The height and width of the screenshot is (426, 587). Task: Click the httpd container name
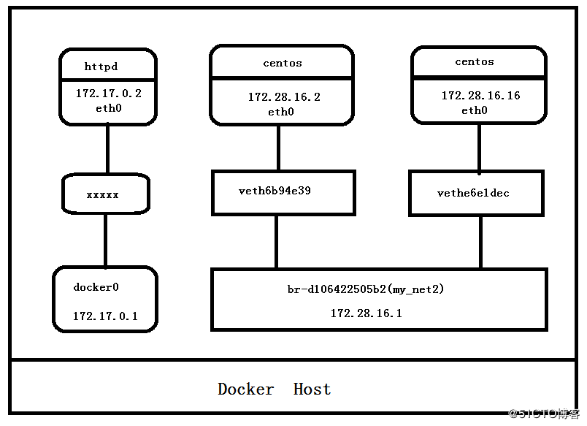click(101, 66)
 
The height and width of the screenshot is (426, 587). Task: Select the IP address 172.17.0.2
click(109, 94)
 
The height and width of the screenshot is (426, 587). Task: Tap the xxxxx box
click(106, 194)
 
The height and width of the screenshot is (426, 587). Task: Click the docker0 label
click(96, 287)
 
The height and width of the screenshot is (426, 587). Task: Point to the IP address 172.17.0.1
click(105, 316)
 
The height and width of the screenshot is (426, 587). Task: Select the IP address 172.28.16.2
click(284, 97)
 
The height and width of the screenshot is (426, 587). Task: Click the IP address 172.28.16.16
click(480, 96)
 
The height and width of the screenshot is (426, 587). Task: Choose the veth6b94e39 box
click(283, 193)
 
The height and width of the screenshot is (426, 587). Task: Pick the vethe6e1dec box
click(476, 194)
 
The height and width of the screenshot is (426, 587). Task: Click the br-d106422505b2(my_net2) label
click(365, 289)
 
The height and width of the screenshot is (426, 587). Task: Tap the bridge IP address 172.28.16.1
click(366, 313)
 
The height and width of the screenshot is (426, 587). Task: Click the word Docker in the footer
click(245, 389)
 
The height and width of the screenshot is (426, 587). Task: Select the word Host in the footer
click(312, 389)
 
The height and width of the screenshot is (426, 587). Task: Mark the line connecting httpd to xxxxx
click(108, 149)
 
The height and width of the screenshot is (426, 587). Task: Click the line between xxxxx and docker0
click(106, 240)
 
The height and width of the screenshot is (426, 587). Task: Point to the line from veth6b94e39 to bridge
click(276, 242)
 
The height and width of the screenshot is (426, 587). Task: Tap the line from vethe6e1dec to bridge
click(480, 243)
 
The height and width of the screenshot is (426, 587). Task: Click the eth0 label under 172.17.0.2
click(109, 108)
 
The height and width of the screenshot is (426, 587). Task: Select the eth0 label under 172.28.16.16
click(475, 110)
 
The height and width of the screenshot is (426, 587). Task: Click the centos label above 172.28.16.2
click(283, 63)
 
